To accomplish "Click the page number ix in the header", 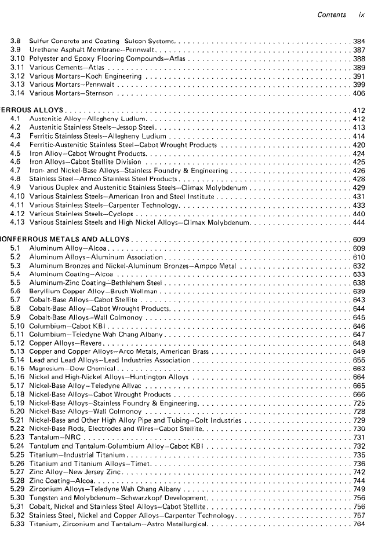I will pos(361,15).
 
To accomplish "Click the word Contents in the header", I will pos(332,15).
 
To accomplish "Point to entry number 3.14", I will pos(17,93).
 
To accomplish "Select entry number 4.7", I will pos(16,171).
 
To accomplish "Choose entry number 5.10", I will pos(17,326).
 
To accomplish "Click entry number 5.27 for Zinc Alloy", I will pos(17,472).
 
